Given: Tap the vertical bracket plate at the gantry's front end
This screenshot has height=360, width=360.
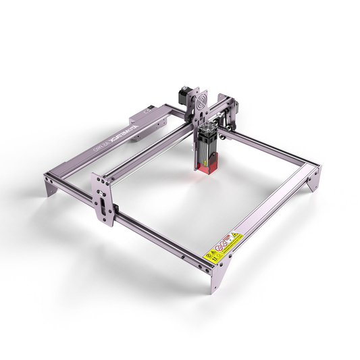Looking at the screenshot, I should pos(103,199).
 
